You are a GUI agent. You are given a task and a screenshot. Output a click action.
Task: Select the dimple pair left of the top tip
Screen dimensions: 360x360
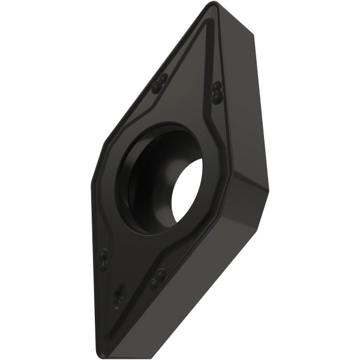(x=160, y=84)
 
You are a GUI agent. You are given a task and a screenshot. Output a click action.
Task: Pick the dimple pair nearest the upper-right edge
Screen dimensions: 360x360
(x=215, y=91)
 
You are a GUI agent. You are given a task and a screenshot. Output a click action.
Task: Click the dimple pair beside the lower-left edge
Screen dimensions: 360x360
(x=103, y=258)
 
